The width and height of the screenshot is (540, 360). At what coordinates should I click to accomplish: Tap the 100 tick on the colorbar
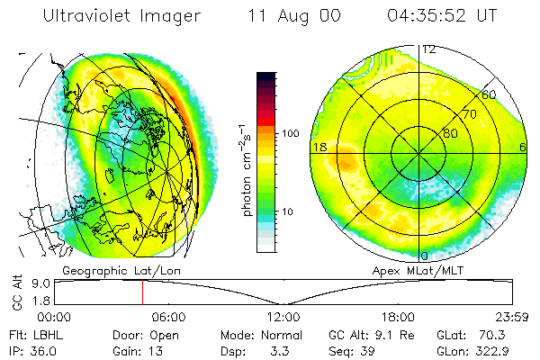(290, 133)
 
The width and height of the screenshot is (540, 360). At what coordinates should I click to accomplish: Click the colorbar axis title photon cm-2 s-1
(246, 169)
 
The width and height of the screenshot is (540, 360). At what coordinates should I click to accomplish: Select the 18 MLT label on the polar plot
(318, 146)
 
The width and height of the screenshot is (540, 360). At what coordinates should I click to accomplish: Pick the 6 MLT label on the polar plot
(523, 146)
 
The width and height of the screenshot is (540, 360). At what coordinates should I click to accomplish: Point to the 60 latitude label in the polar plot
(489, 94)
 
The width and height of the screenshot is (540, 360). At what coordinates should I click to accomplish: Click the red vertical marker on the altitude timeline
(141, 292)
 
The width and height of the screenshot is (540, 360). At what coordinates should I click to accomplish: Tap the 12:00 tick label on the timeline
(283, 317)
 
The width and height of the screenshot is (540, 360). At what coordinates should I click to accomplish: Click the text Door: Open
(151, 333)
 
